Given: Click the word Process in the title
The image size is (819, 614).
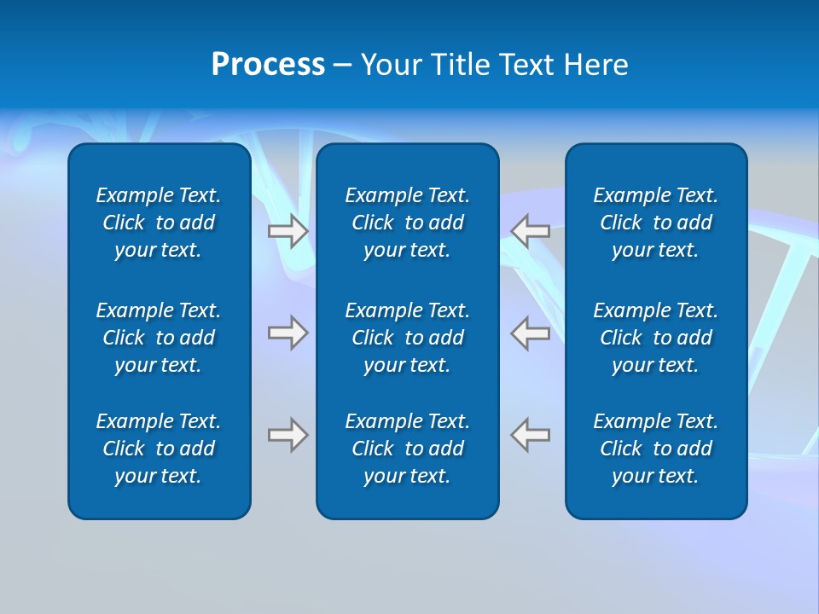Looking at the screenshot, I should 268,65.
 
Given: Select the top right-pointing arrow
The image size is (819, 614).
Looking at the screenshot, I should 288,231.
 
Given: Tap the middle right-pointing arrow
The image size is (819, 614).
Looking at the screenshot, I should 288,333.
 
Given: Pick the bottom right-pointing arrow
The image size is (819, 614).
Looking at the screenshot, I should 288,435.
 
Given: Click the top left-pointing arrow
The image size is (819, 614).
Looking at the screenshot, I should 530,231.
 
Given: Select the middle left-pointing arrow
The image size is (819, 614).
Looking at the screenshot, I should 530,333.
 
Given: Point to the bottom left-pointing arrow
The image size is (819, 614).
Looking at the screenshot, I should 530,435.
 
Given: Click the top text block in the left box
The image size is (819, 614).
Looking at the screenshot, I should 159,223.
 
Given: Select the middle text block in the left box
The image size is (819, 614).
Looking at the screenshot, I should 159,338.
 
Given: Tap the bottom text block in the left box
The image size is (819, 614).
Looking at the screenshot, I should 159,449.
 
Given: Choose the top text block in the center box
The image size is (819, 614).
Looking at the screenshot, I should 407,223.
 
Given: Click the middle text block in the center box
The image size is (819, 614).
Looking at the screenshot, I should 407,338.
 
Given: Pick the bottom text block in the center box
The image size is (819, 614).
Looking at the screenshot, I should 407,449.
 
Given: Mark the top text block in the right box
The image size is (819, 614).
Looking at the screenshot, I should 655,223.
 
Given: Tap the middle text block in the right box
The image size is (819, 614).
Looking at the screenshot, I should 655,338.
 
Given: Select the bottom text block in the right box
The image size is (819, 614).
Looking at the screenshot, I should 655,449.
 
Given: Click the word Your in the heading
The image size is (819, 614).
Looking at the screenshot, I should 390,65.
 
